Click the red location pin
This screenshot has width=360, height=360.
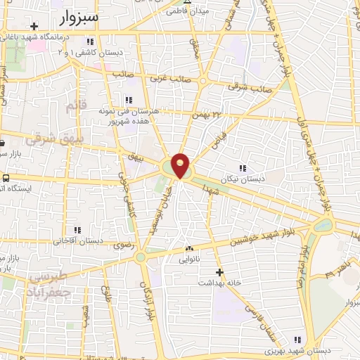[x=181, y=165]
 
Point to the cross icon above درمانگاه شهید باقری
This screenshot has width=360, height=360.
[x=34, y=25]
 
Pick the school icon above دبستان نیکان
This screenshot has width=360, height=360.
[x=243, y=168]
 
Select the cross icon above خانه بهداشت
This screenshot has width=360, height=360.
[x=219, y=271]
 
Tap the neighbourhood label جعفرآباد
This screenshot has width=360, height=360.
[x=49, y=289]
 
